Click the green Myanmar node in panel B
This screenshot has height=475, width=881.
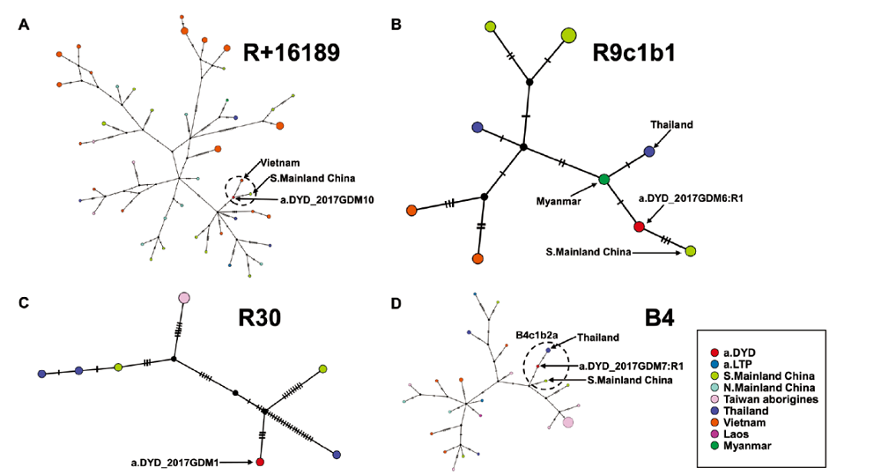(604, 179)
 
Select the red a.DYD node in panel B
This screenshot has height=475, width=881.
(640, 226)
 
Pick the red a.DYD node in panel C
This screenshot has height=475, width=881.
(260, 462)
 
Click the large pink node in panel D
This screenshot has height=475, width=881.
(568, 423)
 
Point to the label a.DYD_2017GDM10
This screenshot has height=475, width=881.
(327, 199)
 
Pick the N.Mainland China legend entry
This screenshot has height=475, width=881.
(767, 387)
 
